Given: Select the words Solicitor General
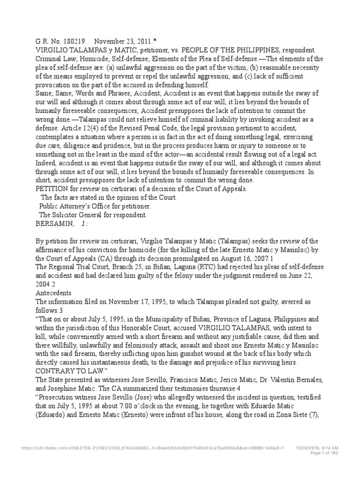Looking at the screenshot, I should coord(82,215).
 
